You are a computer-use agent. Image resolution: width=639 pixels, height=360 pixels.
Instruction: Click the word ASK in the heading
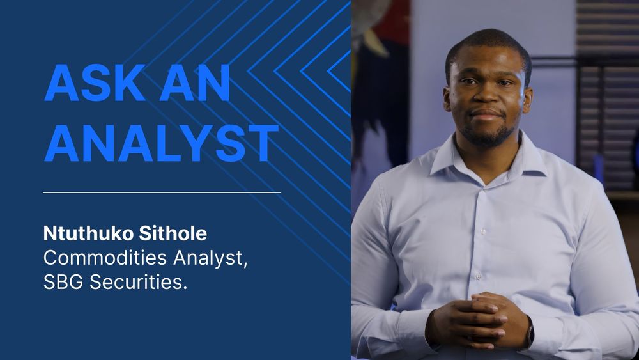click(95, 83)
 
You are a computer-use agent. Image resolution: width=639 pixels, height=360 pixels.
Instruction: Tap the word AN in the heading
click(195, 83)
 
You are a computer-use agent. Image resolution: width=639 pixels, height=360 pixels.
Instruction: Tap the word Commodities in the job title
click(96, 258)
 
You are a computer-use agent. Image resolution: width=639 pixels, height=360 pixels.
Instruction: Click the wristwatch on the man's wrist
click(530, 333)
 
